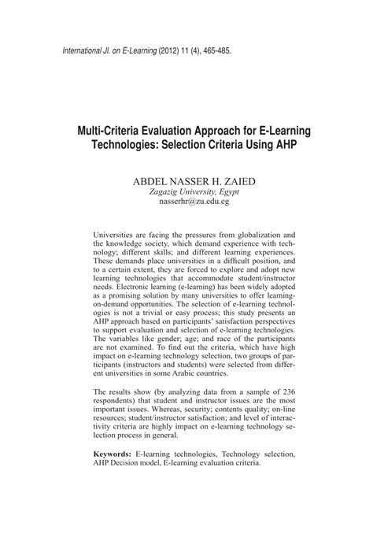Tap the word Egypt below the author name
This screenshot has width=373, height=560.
point(226,191)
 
